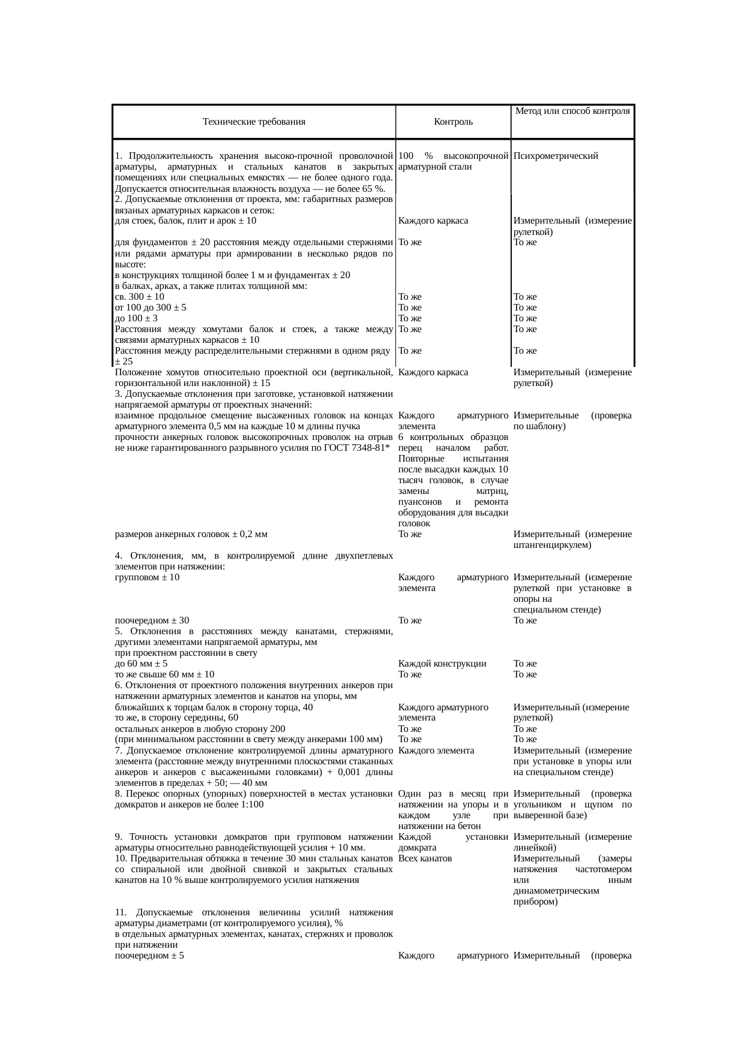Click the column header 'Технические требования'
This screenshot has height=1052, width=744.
pos(254,122)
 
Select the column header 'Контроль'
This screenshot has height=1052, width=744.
pos(453,122)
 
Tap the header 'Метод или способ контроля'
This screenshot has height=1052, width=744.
pos(572,111)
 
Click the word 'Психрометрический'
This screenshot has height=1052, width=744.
pos(556,156)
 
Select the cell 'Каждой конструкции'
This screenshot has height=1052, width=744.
pos(442,664)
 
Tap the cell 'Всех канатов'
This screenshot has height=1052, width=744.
pos(425,858)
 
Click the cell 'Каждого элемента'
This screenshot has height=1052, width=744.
pos(436,750)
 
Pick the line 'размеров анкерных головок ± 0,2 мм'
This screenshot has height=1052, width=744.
pos(191,534)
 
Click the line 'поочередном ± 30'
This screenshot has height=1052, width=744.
pos(152,620)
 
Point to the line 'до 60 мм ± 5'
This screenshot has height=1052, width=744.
pos(141,664)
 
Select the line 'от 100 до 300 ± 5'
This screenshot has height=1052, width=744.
pos(150,308)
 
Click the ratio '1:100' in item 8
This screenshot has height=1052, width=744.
pos(251,804)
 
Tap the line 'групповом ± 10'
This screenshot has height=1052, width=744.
pos(147,577)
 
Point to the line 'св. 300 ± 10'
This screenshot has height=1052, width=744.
pos(139,297)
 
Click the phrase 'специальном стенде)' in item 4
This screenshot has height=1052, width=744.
pos(557,610)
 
